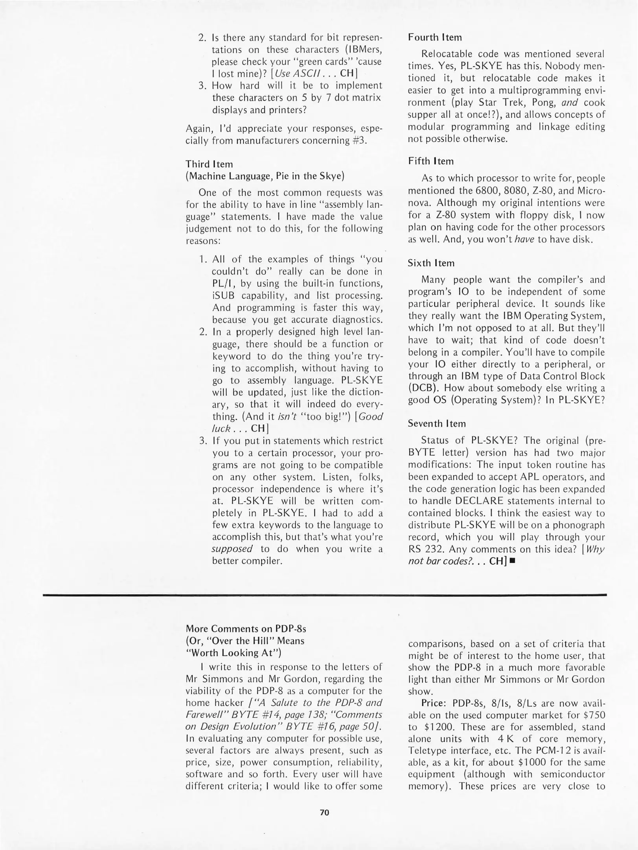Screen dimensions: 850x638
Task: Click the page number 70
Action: coord(324,812)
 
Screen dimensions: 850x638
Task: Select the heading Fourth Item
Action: coord(435,37)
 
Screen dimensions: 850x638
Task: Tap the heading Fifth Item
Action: coord(430,161)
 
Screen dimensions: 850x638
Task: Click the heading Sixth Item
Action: coord(431,263)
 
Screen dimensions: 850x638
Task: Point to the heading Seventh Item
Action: coord(436,423)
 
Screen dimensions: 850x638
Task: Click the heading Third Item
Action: coord(209,164)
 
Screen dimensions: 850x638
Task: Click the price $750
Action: coord(594,715)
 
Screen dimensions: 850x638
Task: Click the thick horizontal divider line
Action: coord(324,595)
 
